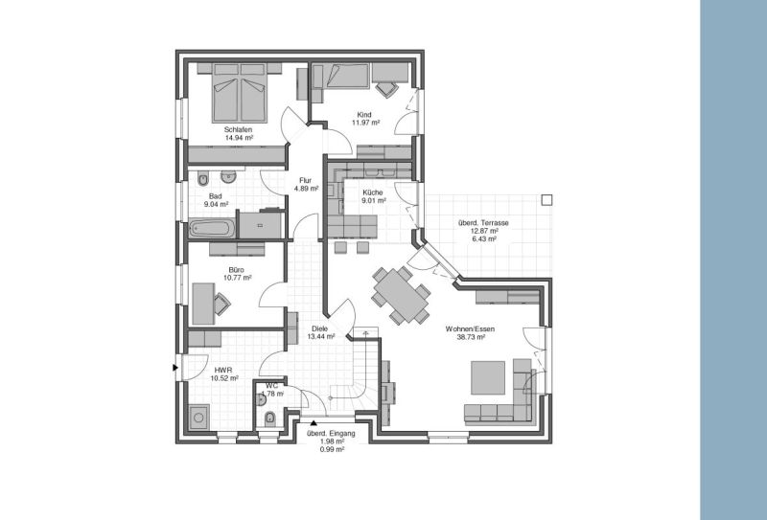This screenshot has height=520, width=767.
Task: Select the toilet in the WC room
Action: point(269,417)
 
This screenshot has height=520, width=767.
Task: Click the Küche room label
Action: point(373,192)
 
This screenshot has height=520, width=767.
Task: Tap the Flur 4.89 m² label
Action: point(306,185)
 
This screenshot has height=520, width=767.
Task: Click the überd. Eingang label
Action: point(331,434)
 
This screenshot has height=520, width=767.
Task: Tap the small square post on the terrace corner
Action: point(546,199)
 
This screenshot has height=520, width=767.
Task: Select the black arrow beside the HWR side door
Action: point(174,367)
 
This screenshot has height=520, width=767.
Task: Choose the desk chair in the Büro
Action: point(221,305)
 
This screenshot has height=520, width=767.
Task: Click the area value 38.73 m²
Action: point(465,337)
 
